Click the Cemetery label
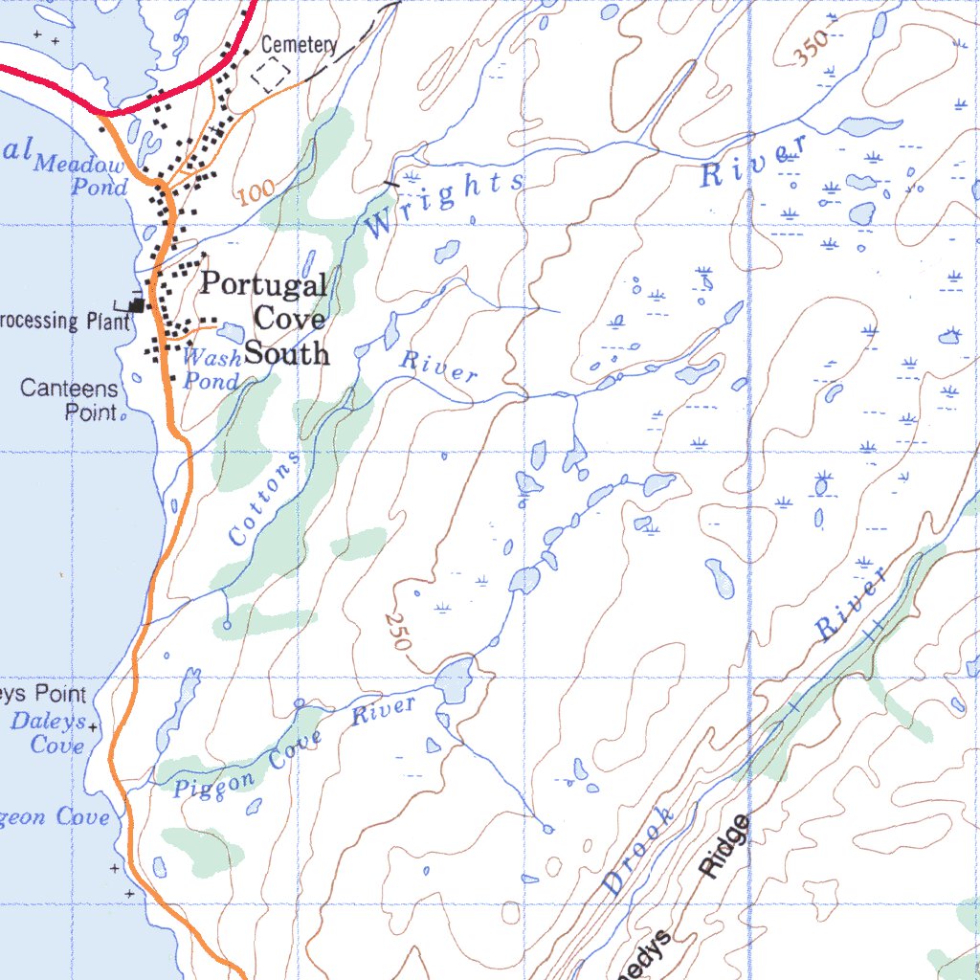(x=299, y=45)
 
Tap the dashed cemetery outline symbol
(x=271, y=72)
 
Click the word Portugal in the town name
(x=264, y=284)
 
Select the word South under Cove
(x=287, y=354)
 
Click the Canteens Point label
(x=70, y=401)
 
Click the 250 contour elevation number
(x=397, y=632)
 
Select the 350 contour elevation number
(x=812, y=51)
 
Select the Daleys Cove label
(x=48, y=732)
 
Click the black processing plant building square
(x=139, y=305)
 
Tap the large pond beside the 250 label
(x=455, y=680)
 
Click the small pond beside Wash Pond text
(x=232, y=332)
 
